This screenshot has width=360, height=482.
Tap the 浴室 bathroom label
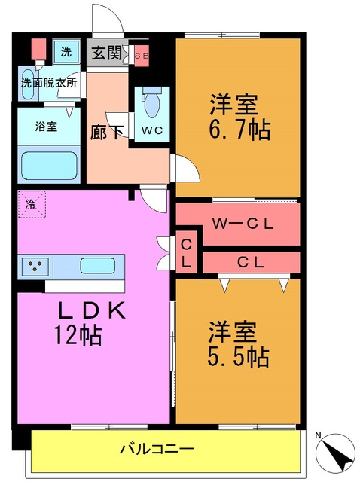(x=47, y=127)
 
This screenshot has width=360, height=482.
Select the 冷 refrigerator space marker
(x=32, y=203)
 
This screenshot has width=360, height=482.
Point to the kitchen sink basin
(x=96, y=267)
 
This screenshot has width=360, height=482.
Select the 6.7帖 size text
(x=238, y=130)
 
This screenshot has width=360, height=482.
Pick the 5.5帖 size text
(x=238, y=355)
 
